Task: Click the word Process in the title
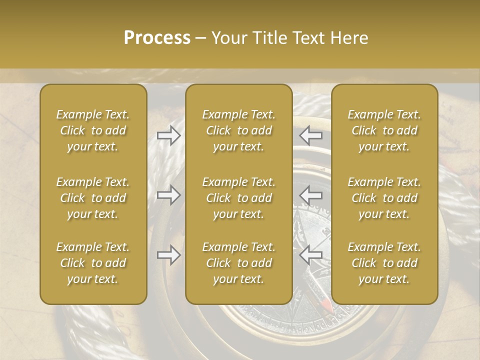(x=157, y=38)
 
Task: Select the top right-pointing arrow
(x=169, y=135)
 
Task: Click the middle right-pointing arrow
(x=169, y=195)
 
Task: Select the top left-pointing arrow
(x=311, y=135)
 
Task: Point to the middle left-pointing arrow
(x=311, y=195)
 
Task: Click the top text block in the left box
(x=93, y=130)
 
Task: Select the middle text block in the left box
(x=93, y=198)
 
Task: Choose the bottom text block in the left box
(x=93, y=263)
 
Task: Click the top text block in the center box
(x=239, y=130)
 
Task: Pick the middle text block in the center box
(x=239, y=198)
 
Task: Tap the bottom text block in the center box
(x=239, y=263)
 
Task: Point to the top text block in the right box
(x=384, y=130)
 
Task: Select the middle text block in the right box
(x=384, y=198)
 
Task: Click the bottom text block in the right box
(x=384, y=263)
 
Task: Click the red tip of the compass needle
(x=326, y=303)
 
